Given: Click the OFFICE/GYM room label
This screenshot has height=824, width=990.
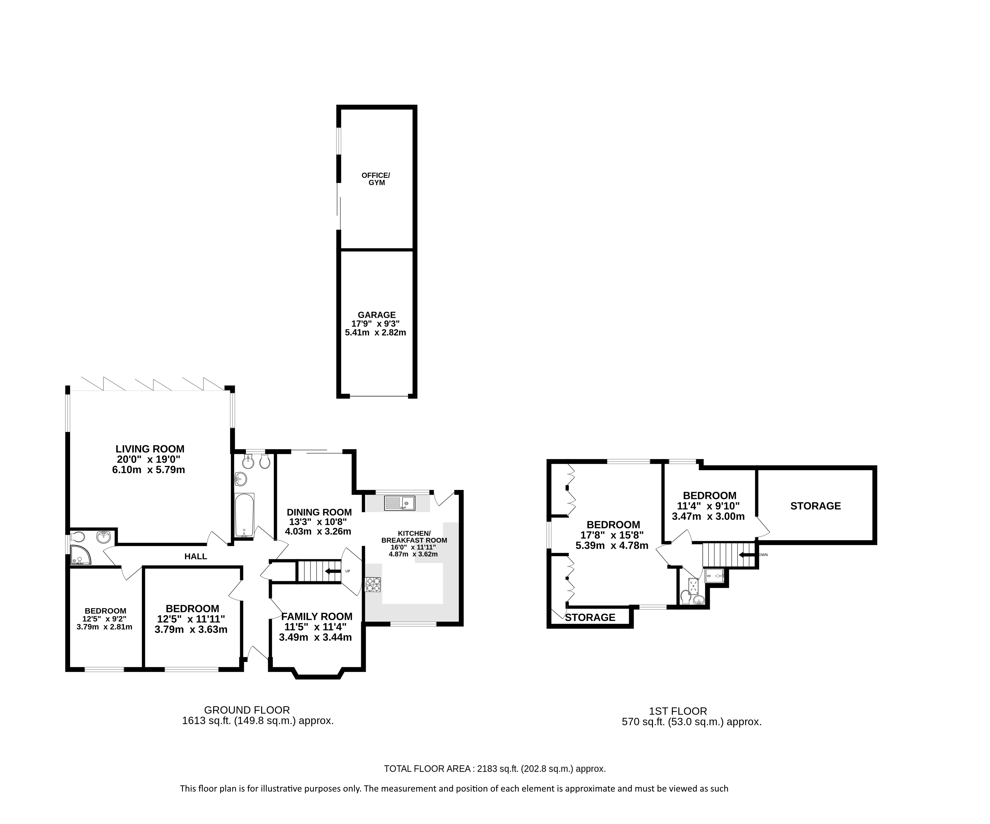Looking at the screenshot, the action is click(376, 179).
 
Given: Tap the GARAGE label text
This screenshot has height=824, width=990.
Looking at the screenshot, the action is click(377, 315).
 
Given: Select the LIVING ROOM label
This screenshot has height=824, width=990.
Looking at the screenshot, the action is click(150, 449).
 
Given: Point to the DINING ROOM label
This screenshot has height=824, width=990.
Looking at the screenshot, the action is click(319, 512).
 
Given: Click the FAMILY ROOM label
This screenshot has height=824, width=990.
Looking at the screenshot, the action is click(317, 616).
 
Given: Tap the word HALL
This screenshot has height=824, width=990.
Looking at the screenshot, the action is click(196, 556).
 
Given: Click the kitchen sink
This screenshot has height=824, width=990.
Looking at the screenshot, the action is click(399, 503).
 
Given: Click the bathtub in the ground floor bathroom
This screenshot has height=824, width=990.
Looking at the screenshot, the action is click(244, 515).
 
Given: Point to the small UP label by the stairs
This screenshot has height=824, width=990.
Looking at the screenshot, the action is click(348, 571).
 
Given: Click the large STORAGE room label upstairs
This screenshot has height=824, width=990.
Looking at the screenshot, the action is click(816, 506).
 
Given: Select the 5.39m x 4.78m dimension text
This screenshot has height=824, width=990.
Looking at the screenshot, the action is click(612, 546).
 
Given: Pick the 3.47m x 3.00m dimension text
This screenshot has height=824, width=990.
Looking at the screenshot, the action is click(708, 516).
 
